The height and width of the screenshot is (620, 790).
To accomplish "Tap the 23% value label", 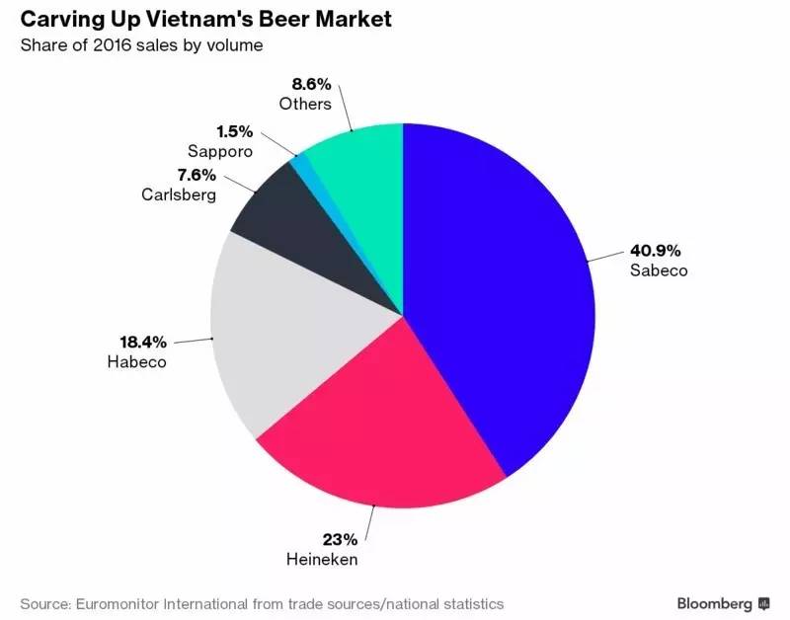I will [x=340, y=539].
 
